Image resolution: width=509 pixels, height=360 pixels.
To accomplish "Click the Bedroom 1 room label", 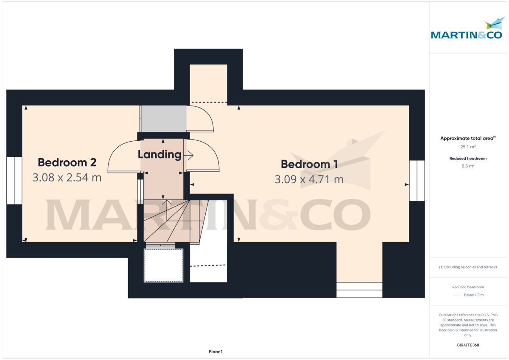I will point(309,164).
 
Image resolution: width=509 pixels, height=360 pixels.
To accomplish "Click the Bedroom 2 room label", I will point(67,162).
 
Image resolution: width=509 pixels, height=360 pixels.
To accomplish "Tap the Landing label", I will point(159,155).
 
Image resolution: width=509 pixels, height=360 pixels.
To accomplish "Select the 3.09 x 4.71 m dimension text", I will point(309,179).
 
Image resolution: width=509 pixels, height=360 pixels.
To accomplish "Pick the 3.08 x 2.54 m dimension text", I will point(67,177).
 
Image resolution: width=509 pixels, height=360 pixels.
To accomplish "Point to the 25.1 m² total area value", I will point(468,147).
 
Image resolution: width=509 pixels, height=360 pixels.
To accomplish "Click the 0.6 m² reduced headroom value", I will point(468,166).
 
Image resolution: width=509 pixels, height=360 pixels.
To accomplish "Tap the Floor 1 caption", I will point(215,352).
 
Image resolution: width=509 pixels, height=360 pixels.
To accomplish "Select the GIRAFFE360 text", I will point(468,345).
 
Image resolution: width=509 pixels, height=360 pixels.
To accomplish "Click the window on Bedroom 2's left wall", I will point(14,180).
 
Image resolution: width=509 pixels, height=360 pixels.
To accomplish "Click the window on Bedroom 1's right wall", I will point(417,180).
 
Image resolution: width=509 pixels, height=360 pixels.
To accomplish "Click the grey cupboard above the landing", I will point(163,119).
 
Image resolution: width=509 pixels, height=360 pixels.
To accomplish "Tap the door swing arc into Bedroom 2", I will point(123,157).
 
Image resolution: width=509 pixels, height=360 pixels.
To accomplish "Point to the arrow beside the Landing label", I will point(188,156).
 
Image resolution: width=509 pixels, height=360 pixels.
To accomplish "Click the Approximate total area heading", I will point(467,138).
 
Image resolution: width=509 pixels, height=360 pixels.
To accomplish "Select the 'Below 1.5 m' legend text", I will point(473,295).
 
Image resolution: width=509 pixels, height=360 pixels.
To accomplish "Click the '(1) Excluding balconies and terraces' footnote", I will point(468,267).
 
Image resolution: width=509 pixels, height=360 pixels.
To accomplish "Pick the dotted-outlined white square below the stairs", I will point(163,265).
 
